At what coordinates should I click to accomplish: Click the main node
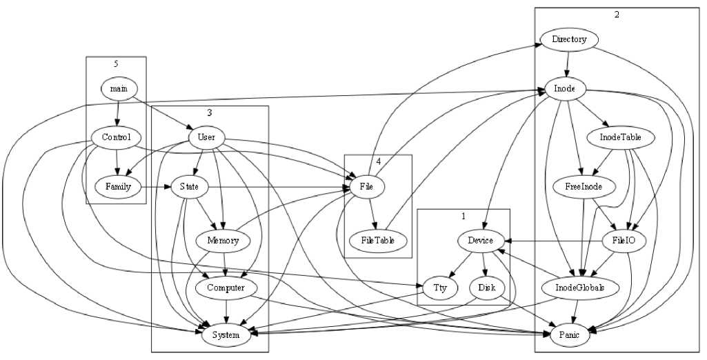(x=119, y=88)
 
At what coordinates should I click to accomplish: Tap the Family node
(x=118, y=186)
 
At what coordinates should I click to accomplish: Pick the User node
(x=206, y=137)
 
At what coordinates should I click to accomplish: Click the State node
(x=189, y=186)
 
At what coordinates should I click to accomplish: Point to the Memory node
(x=222, y=241)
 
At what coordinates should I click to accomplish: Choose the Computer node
(x=226, y=288)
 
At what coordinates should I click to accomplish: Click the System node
(x=226, y=335)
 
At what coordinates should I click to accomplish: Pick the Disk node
(x=488, y=288)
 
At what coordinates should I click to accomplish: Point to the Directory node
(x=569, y=39)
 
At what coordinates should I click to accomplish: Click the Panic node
(x=570, y=334)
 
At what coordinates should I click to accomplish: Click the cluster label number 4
(x=378, y=161)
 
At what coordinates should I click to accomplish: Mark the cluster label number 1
(x=464, y=216)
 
